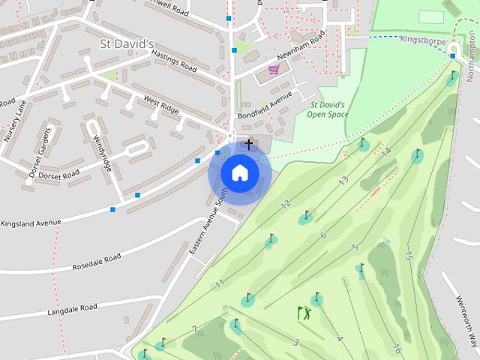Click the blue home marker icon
point(239,172)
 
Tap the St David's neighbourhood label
point(127,44)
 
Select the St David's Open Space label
point(328,109)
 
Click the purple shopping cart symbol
point(274,70)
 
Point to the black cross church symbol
point(249,143)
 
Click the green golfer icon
point(304,313)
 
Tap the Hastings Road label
point(173,61)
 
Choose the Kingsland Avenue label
point(31,223)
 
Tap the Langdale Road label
point(72,309)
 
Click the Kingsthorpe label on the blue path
point(424,39)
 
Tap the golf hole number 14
point(386,151)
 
